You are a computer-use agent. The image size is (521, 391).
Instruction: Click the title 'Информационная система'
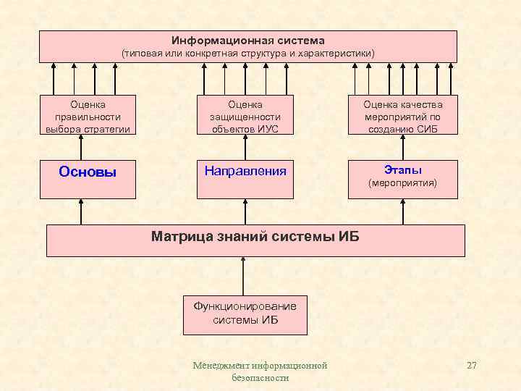[x=248, y=41]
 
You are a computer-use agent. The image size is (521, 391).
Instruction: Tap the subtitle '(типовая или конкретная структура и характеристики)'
[x=248, y=54]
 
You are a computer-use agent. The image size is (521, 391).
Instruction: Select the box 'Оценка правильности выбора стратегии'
[x=88, y=117]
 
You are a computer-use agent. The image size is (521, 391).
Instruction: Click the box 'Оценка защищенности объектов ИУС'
[x=245, y=117]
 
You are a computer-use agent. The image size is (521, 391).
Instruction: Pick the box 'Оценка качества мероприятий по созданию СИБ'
[x=402, y=117]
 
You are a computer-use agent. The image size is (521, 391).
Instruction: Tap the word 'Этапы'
[x=403, y=170]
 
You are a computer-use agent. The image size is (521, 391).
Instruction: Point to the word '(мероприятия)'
[x=403, y=184]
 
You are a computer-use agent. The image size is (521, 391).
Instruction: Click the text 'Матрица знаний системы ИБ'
[x=255, y=236]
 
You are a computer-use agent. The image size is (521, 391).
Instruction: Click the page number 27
[x=472, y=366]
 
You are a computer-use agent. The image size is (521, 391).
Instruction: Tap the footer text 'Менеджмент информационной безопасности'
[x=260, y=371]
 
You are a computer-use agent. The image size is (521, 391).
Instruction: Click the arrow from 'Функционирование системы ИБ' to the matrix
[x=244, y=276]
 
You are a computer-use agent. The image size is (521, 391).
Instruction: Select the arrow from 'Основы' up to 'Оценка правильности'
[x=81, y=148]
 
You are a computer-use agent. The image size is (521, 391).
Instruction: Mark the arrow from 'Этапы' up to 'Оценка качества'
[x=403, y=148]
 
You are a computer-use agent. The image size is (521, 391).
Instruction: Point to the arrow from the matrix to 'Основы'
[x=81, y=211]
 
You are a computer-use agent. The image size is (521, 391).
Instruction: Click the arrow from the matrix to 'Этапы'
[x=403, y=211]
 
